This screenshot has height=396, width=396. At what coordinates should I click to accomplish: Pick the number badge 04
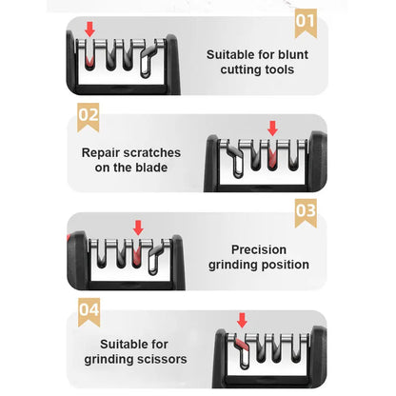89,309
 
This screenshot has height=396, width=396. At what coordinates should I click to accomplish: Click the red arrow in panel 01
90,31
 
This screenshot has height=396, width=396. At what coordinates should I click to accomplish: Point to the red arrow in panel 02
272,127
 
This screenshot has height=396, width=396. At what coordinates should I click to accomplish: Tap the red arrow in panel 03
138,228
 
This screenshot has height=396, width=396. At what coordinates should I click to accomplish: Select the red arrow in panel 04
241,320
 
